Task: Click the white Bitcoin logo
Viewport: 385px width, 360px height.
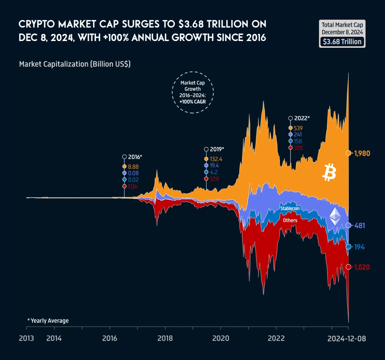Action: pos(329,173)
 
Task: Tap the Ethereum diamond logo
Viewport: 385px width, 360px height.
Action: pos(334,217)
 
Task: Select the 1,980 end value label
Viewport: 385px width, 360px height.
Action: pos(362,153)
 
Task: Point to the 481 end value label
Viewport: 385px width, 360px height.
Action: pos(359,225)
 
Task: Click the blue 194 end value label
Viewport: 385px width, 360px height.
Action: pos(359,247)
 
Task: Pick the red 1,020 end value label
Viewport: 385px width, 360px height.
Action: pos(362,267)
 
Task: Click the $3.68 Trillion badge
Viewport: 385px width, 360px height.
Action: pos(342,42)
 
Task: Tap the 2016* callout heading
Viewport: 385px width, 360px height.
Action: pos(135,157)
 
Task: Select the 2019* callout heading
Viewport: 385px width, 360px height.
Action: pos(217,149)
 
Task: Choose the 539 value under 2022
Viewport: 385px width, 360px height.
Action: pos(298,128)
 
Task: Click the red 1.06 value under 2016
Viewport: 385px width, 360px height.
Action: pos(132,186)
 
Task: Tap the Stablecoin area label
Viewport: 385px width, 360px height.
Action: pos(289,208)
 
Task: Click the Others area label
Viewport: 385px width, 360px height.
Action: pos(290,220)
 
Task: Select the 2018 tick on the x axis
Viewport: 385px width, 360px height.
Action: pos(165,338)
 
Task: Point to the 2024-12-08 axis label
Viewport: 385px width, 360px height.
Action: pos(346,338)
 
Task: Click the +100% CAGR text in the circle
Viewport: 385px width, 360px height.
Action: pos(193,101)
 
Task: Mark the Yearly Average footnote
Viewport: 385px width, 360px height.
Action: pos(48,321)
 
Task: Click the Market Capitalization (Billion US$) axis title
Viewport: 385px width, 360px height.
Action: pos(75,64)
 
